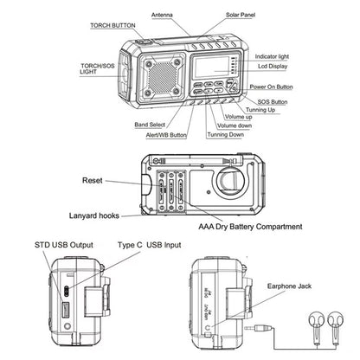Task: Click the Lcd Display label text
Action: pos(275,66)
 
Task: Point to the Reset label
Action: pos(93,181)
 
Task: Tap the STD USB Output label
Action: pos(65,246)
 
